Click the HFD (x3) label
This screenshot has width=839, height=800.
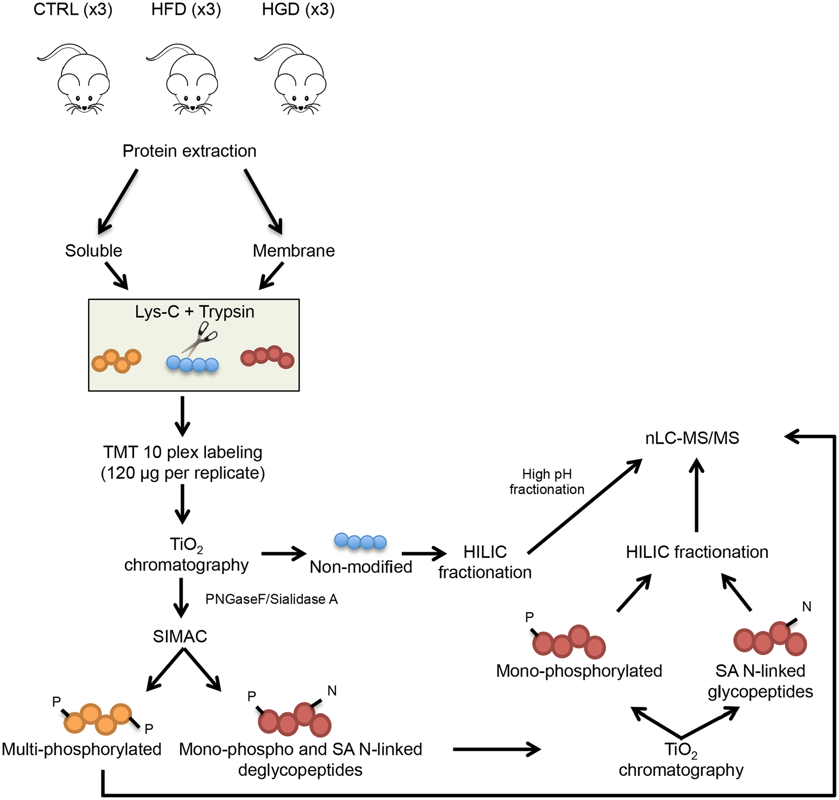click(x=186, y=9)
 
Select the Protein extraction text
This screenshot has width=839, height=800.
click(x=189, y=151)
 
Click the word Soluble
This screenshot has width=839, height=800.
click(x=93, y=251)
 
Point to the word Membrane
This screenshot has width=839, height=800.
click(x=293, y=251)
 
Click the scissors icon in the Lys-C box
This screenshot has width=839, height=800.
click(x=200, y=338)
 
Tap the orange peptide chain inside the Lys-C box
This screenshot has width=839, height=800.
click(x=116, y=361)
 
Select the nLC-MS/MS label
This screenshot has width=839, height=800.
click(x=692, y=438)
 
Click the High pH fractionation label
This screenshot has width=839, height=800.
click(x=547, y=482)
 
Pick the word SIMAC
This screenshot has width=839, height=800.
click(x=180, y=636)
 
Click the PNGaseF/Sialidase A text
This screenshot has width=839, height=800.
click(x=271, y=599)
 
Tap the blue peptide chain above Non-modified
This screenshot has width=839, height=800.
click(x=360, y=541)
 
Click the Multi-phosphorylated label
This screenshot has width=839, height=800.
click(x=82, y=749)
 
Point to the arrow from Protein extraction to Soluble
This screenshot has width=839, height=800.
click(x=118, y=201)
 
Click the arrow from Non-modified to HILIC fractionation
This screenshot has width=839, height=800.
click(x=424, y=553)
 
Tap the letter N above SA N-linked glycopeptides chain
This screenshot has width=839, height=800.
click(x=806, y=607)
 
